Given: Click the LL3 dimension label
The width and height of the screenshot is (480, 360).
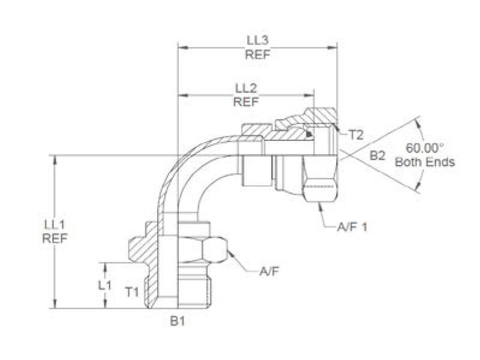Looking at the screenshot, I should (257, 40).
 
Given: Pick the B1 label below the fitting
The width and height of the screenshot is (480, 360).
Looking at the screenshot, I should (176, 322).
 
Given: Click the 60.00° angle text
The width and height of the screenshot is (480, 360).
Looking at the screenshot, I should (425, 148).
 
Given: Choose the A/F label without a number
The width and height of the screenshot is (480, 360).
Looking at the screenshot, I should (268, 272).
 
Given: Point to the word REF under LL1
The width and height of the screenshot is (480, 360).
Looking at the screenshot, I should (55, 238).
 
